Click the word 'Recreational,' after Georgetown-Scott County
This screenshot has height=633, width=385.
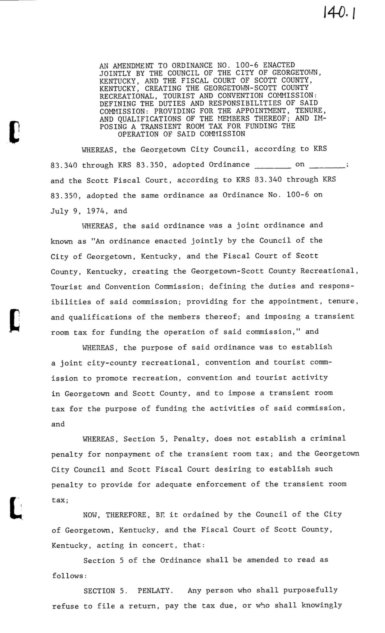click(332, 271)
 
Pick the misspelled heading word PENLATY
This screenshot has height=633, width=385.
click(155, 591)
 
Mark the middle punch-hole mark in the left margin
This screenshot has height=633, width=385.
click(15, 320)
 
